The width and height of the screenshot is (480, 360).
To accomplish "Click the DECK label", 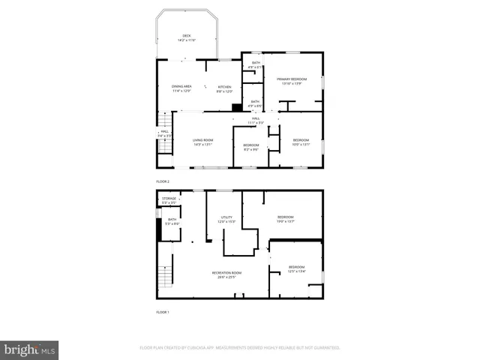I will click(187, 35).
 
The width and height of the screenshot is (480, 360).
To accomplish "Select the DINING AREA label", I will click(182, 86).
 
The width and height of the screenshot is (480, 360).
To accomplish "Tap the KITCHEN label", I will click(225, 86).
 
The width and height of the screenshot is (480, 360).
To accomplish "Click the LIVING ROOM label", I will click(202, 139).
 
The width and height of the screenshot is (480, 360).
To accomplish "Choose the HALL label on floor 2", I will click(256, 118).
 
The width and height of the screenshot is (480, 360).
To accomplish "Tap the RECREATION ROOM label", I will click(226, 272).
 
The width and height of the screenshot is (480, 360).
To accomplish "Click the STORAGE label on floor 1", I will click(169, 199).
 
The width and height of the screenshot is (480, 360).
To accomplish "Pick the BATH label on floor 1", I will click(172, 220).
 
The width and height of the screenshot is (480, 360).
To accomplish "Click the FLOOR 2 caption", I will click(163, 181).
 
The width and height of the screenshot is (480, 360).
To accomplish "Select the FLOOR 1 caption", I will click(163, 311).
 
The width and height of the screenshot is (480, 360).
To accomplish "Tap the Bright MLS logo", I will click(30, 349).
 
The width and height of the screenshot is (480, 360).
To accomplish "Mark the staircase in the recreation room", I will click(166, 279).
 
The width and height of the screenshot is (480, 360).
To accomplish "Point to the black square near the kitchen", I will click(237, 107).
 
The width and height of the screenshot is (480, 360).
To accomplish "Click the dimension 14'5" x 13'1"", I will click(202, 144).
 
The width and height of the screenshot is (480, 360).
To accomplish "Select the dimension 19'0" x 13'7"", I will click(286, 221).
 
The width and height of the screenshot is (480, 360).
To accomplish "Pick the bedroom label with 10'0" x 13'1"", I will click(301, 140).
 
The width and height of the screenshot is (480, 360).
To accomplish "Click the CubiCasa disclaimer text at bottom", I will click(240, 348).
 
